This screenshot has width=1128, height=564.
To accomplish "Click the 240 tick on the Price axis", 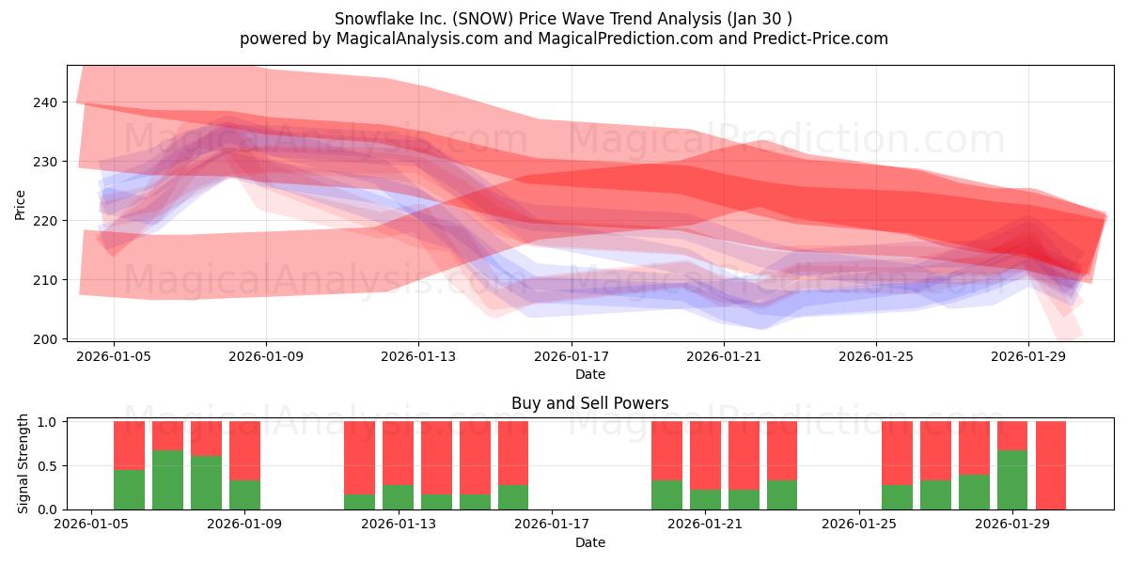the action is [x=45, y=102].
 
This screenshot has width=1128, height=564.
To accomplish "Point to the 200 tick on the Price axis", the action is [x=45, y=339].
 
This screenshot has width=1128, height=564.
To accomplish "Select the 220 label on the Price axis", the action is [x=45, y=221].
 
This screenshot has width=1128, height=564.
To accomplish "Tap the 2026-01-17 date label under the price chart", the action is [x=572, y=356].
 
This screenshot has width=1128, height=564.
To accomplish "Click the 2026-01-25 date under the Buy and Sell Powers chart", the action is [x=859, y=525].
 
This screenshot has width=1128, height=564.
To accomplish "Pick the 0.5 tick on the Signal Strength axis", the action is [x=47, y=466].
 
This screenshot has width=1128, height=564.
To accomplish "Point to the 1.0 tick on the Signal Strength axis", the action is [x=47, y=421].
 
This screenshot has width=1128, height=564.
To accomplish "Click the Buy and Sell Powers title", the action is [x=589, y=403].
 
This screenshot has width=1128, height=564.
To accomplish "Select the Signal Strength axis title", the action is [x=23, y=463].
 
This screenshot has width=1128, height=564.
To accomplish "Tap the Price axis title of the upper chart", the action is [x=20, y=205].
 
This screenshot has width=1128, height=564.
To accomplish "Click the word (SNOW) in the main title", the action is [x=482, y=19].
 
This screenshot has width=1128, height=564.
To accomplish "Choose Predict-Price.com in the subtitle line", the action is [x=821, y=39].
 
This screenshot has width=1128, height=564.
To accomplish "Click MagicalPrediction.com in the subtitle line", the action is [x=625, y=39].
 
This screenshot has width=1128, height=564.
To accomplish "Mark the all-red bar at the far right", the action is [x=1051, y=465].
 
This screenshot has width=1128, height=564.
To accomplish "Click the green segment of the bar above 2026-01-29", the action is [x=1012, y=480].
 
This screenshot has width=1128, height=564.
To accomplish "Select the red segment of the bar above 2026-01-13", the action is [x=398, y=453].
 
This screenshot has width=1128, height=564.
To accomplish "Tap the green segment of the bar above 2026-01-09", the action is [x=244, y=495].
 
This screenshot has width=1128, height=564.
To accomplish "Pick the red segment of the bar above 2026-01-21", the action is [x=705, y=456].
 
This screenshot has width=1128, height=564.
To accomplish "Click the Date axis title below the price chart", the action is [x=590, y=375].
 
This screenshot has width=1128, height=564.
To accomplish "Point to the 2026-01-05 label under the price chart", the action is [x=114, y=356].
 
